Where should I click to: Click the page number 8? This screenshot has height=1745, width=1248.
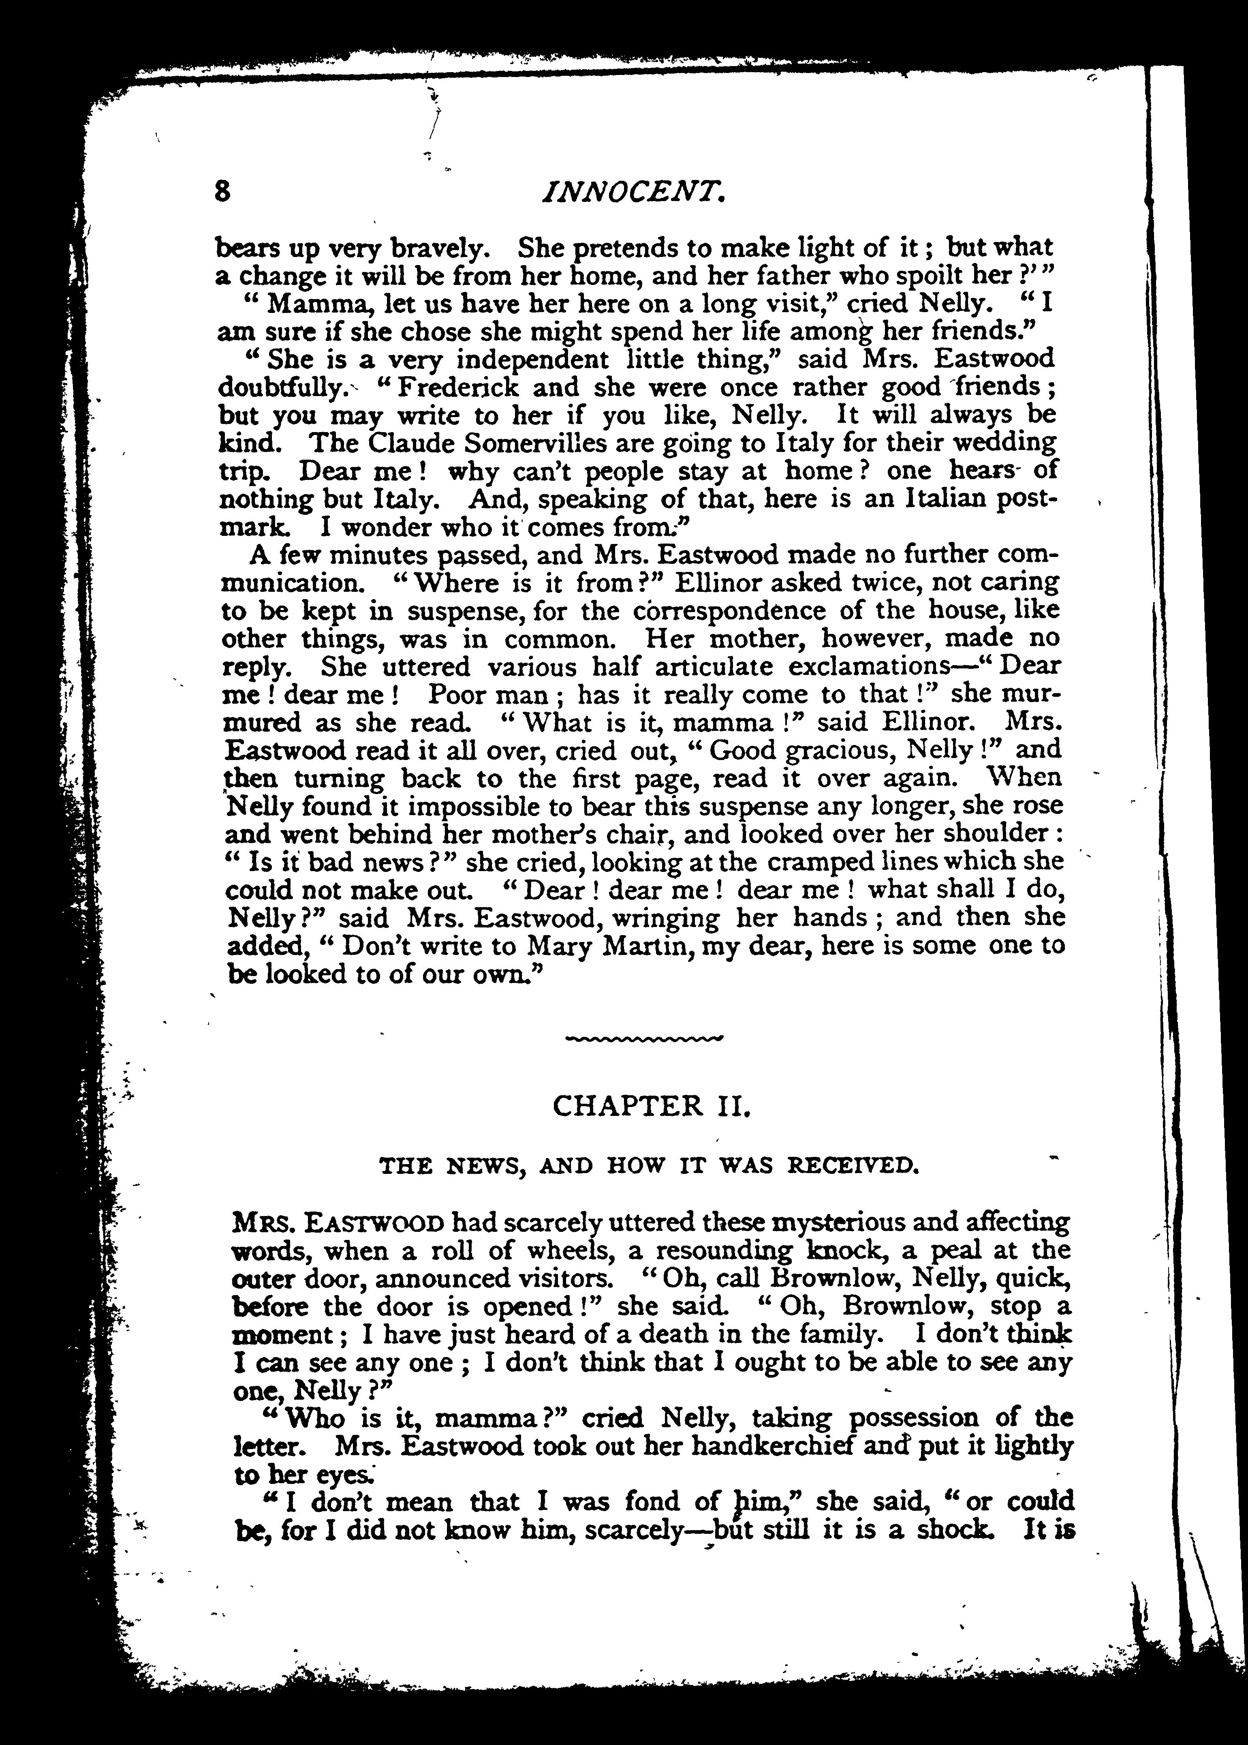(223, 191)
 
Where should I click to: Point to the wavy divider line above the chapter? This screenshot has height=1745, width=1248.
(644, 1038)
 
